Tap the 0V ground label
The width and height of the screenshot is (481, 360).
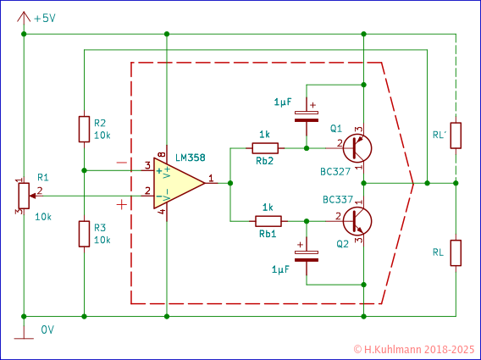pyautogui.click(x=47, y=329)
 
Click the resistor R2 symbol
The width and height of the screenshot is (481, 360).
pyautogui.click(x=84, y=129)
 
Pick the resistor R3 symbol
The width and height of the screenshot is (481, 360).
pyautogui.click(x=84, y=233)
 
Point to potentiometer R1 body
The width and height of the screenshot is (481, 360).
pyautogui.click(x=23, y=195)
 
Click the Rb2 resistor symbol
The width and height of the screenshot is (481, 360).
pyautogui.click(x=266, y=147)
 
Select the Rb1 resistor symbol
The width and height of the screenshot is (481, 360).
pyautogui.click(x=267, y=220)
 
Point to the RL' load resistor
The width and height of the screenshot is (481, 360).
pyautogui.click(x=456, y=135)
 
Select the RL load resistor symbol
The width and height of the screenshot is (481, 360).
pyautogui.click(x=456, y=252)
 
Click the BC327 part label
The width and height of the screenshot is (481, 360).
pyautogui.click(x=337, y=172)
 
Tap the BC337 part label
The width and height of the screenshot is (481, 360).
pyautogui.click(x=338, y=199)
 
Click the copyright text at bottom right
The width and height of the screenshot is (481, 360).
pyautogui.click(x=412, y=349)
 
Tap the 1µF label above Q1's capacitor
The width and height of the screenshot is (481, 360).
pyautogui.click(x=283, y=102)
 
